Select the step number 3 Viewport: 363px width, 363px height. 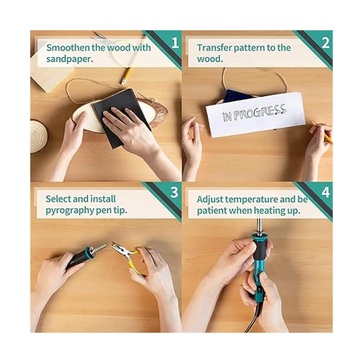pos(174,192)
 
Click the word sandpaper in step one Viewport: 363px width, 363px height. pos(70,59)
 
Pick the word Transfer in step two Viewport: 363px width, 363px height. pos(214,48)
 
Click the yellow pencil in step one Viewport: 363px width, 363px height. pos(126,75)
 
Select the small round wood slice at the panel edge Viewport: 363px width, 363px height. pos(39,136)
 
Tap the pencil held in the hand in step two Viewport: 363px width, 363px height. pos(322,132)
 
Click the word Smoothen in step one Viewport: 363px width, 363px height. pos(68,47)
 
